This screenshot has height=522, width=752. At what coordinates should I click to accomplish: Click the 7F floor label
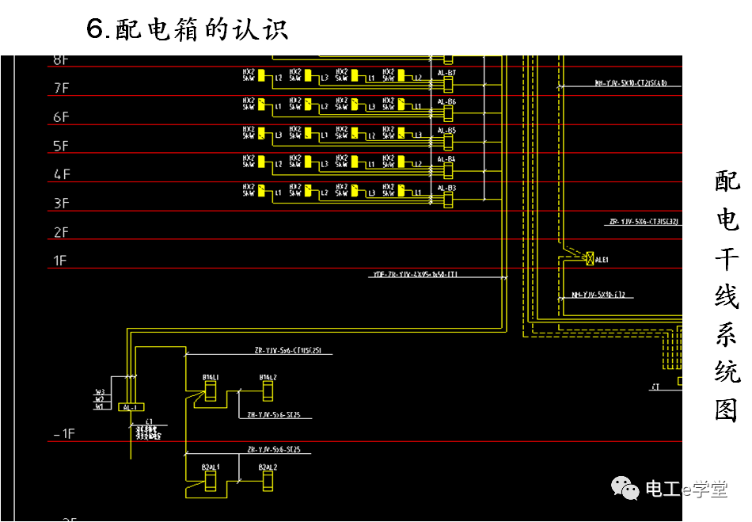coord(61,88)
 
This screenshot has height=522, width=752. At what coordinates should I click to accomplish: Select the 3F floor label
coord(61,204)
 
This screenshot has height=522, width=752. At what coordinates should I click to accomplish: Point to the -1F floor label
coord(63,433)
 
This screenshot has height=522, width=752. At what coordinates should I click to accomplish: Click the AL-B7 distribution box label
coord(446,73)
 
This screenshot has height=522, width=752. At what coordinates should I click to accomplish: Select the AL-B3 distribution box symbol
coord(448,200)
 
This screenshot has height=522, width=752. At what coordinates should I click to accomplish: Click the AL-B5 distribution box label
coord(446,131)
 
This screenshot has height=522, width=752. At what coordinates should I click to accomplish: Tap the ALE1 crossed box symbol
coord(589,258)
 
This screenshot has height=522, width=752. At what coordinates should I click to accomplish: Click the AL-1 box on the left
coord(130,407)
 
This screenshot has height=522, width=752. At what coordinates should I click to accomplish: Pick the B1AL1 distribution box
coord(211,391)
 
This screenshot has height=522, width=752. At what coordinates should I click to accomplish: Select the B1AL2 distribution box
coord(268,391)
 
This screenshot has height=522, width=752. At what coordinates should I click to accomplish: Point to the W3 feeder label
coord(99,392)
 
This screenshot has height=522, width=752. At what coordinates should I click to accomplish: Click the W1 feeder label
coord(99,406)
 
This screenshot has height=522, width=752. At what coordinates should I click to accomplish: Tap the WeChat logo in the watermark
coord(629,489)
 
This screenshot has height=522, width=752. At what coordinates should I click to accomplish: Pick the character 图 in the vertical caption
coord(727,410)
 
